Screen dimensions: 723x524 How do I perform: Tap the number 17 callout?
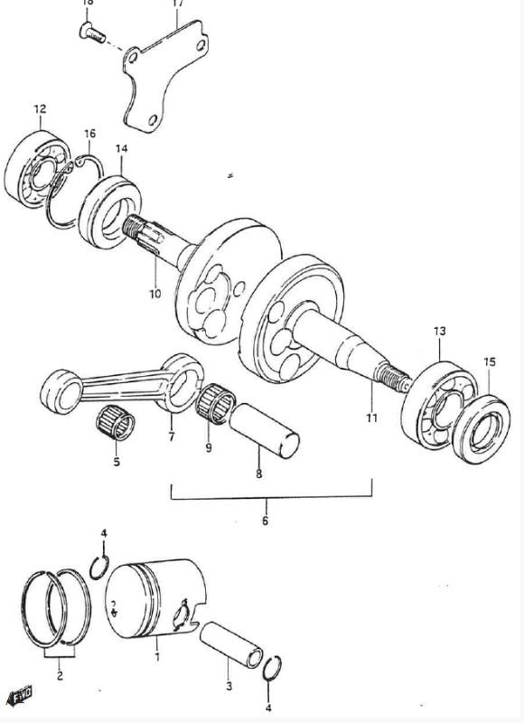(177, 4)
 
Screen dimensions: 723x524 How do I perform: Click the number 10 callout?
(154, 294)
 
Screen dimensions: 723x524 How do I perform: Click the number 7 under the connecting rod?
(170, 437)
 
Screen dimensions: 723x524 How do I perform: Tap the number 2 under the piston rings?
(59, 673)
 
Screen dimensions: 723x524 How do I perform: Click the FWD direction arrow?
(20, 695)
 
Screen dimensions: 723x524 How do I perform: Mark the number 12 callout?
(39, 109)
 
